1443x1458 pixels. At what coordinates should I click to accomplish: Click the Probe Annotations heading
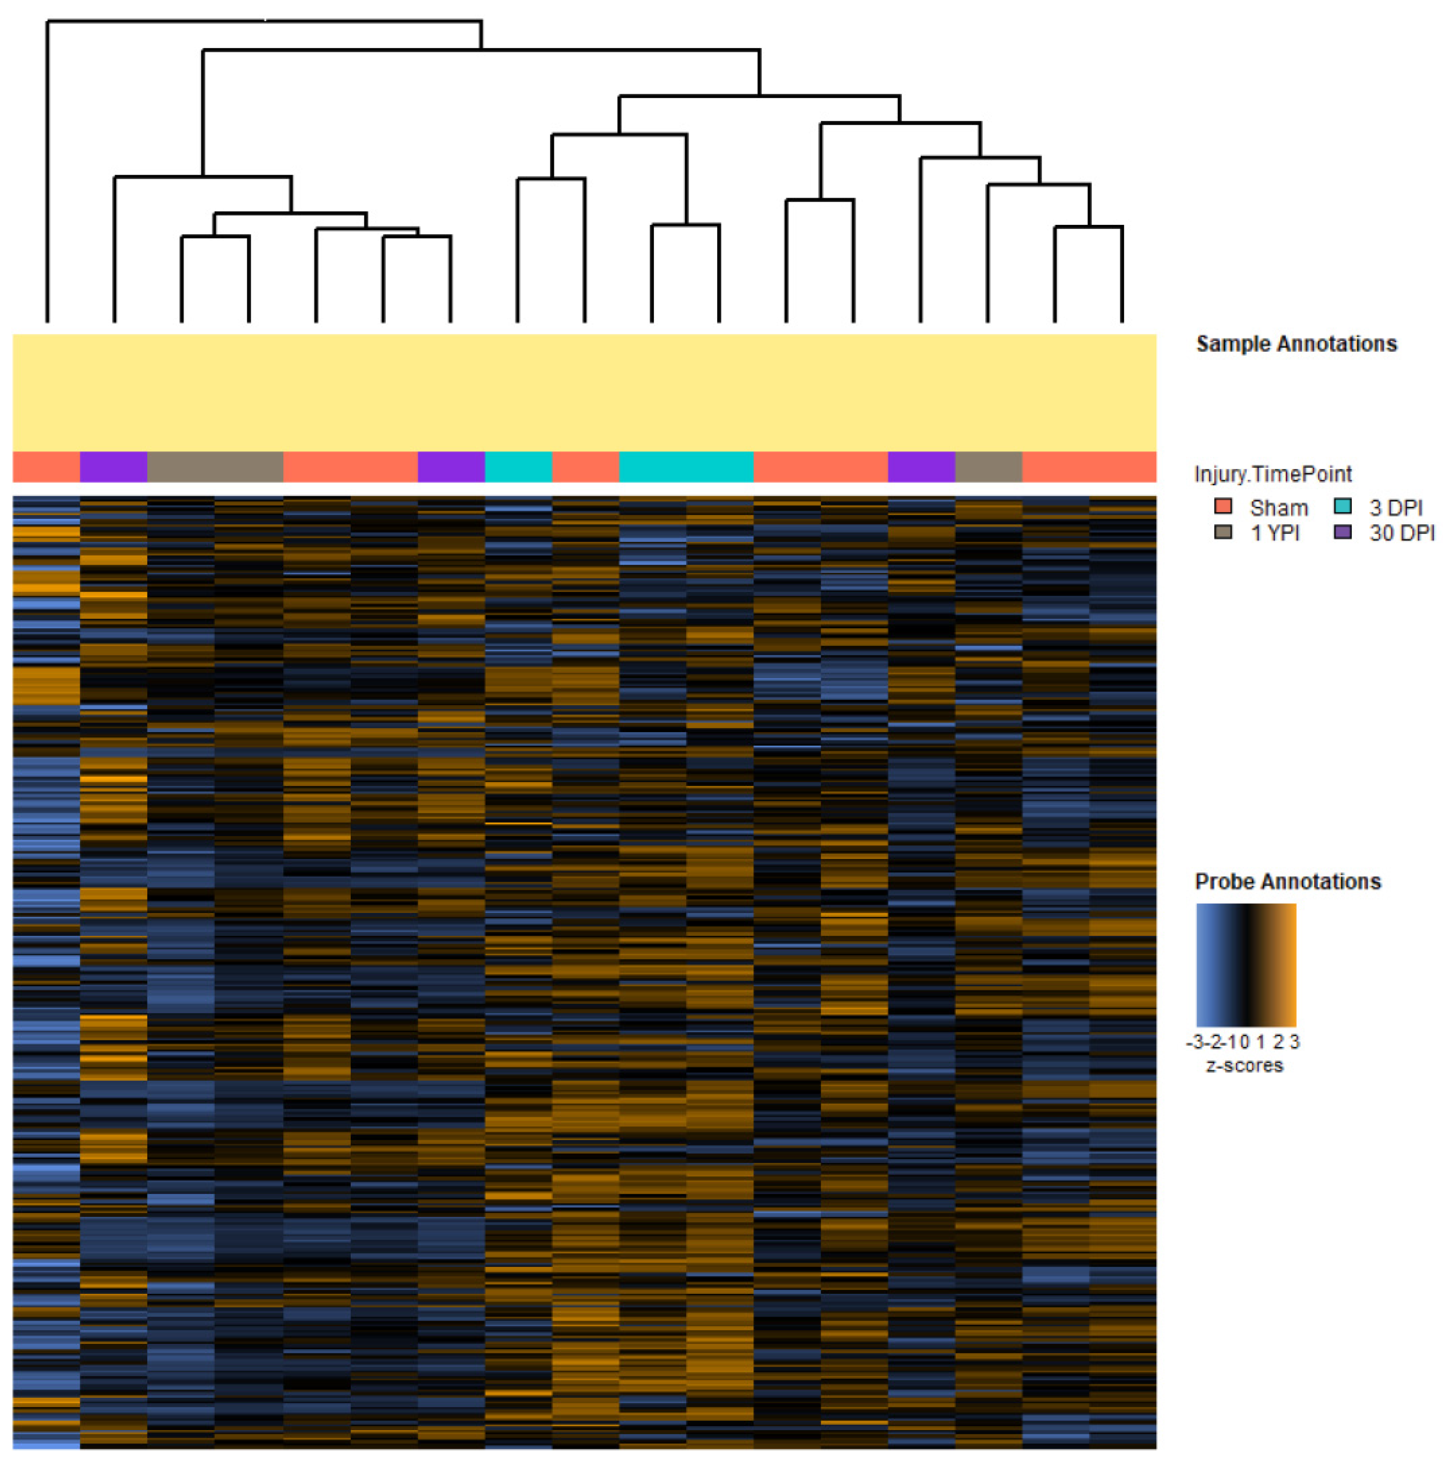click(x=1287, y=881)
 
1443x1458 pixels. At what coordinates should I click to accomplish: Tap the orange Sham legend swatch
click(x=1223, y=506)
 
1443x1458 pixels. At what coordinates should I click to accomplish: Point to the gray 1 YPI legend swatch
click(x=1223, y=532)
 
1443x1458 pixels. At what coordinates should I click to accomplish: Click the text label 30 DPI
click(x=1401, y=533)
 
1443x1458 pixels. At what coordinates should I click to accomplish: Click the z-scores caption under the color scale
click(x=1244, y=1065)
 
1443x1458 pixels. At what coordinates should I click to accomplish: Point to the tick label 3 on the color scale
click(x=1294, y=1042)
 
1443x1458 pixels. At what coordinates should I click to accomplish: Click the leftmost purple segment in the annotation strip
click(x=113, y=466)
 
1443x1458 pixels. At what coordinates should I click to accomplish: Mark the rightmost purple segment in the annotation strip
click(x=921, y=466)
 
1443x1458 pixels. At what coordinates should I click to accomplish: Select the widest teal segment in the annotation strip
click(x=686, y=466)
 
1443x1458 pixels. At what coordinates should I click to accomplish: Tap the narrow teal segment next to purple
click(x=518, y=466)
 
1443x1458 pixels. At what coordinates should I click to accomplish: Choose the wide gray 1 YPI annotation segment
click(x=215, y=466)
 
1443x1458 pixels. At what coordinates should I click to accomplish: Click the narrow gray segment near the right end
click(x=988, y=466)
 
